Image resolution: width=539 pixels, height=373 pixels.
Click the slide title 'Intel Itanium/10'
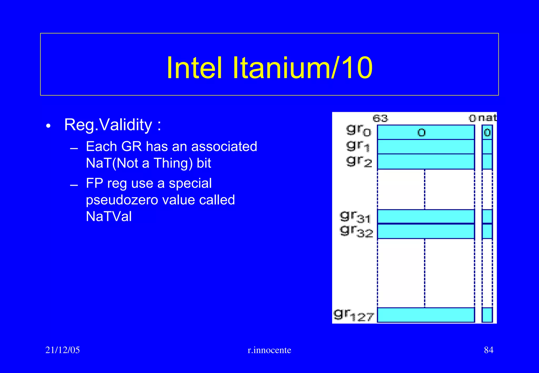tap(269, 68)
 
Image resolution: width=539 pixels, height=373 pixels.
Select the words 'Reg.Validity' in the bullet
tap(108, 125)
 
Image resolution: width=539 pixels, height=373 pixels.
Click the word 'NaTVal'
tap(109, 216)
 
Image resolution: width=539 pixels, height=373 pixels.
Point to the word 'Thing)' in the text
tap(173, 163)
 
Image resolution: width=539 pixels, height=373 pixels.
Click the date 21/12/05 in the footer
tap(62, 350)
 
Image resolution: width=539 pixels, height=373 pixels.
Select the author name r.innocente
tap(269, 350)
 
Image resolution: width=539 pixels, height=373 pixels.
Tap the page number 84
tap(488, 350)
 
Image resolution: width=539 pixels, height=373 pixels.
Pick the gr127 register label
tap(354, 315)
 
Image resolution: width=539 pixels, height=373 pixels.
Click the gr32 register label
tap(356, 231)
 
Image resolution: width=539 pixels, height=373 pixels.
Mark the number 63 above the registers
tap(380, 119)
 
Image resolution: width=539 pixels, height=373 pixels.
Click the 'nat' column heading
tap(487, 118)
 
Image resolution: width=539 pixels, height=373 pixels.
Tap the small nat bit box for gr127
tap(487, 315)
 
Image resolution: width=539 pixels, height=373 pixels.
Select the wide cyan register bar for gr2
tap(426, 162)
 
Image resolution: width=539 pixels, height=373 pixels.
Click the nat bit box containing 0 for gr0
tap(487, 132)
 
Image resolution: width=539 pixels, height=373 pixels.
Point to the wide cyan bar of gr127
tap(426, 315)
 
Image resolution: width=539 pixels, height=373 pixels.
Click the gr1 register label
tap(358, 146)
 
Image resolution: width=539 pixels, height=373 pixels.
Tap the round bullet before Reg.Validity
tap(48, 126)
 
